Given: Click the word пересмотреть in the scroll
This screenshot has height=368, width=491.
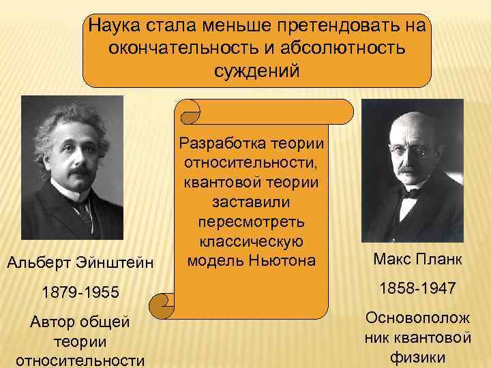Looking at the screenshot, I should point(251,223).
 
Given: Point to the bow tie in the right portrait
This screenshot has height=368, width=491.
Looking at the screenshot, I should point(410,193).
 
